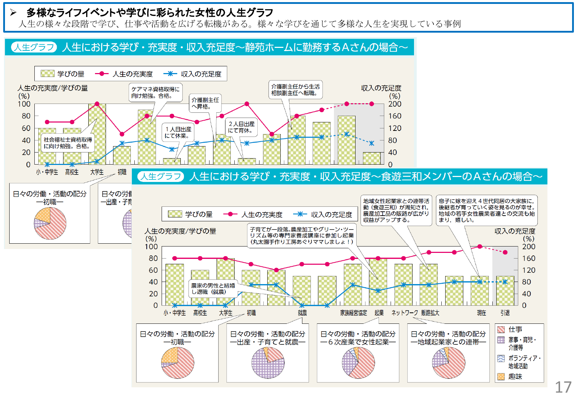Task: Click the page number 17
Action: [563, 387]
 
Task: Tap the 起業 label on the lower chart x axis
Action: [379, 313]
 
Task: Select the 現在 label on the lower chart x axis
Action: [481, 313]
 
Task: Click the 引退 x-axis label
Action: [505, 313]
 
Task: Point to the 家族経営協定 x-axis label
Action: [353, 313]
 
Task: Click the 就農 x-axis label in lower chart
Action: [302, 313]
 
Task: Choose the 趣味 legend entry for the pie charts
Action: [515, 377]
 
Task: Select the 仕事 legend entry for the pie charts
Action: [515, 329]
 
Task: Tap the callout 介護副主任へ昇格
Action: [205, 103]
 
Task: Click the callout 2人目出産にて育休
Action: [241, 127]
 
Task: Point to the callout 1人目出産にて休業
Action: [178, 132]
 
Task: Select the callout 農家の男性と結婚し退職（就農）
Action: [213, 289]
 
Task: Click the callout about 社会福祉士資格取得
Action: [68, 143]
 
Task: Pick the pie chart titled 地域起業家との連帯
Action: [448, 363]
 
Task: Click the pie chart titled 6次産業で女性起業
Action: [358, 363]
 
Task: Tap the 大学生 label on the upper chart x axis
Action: [97, 172]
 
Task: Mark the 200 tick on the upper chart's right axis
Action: [395, 104]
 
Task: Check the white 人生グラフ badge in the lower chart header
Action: [161, 177]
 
